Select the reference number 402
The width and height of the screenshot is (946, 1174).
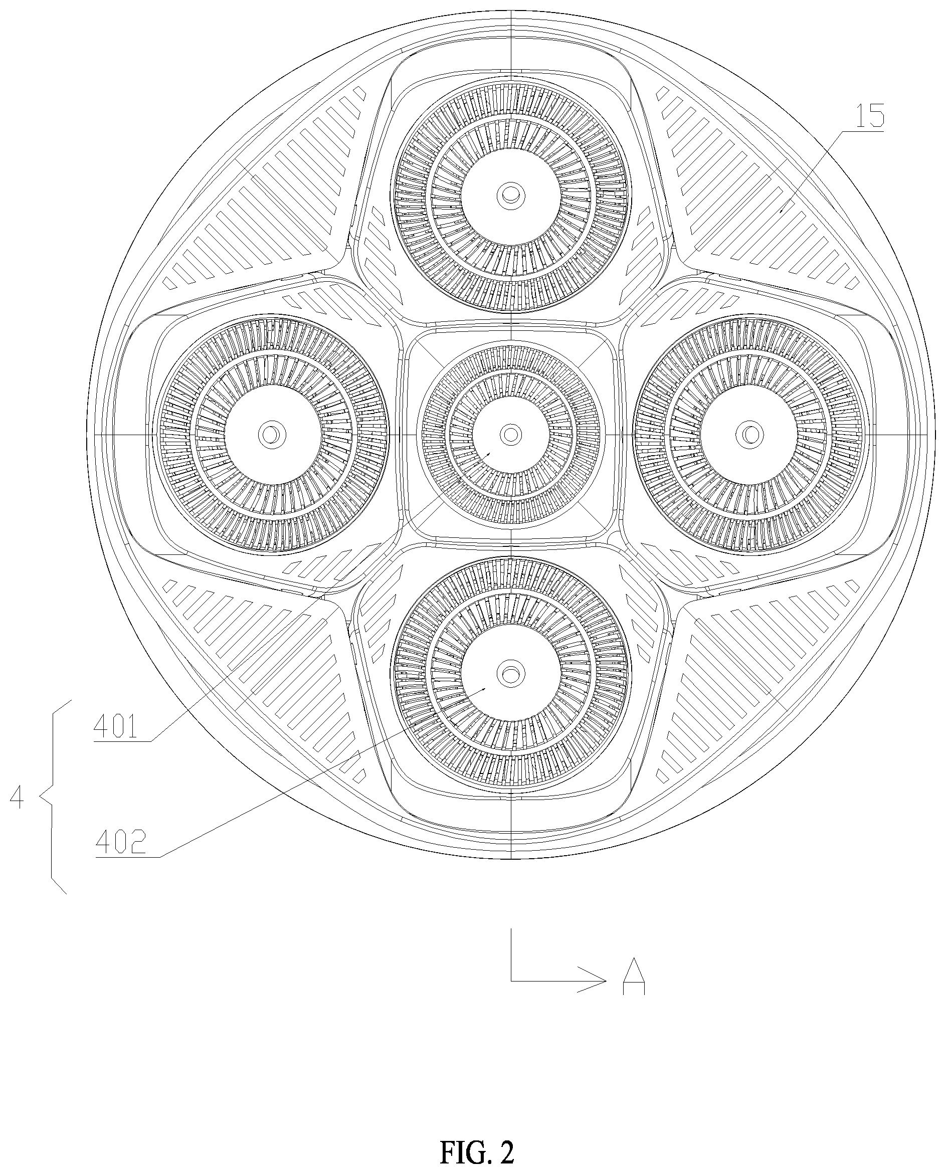tap(121, 843)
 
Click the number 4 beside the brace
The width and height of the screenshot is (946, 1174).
tap(17, 798)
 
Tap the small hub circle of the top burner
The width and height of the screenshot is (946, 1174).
tap(511, 194)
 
